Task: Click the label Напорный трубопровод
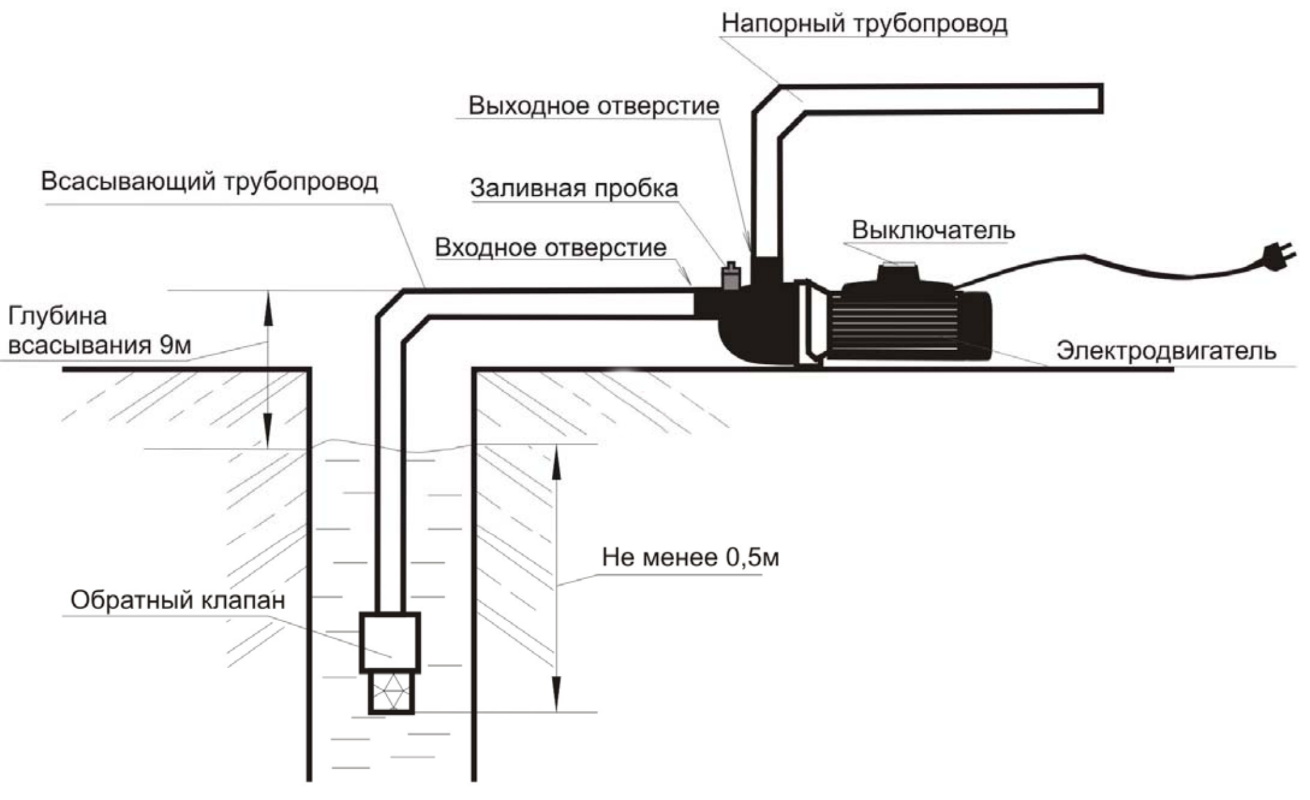coord(864,24)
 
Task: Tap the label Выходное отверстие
coord(593,105)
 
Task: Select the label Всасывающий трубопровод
coord(209,181)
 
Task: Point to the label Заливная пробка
coord(574,188)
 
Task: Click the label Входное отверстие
coord(550,247)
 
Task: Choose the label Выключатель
coord(932,230)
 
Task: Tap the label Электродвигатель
coord(1166,350)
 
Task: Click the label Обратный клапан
coord(177,600)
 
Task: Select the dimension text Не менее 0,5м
coord(690,557)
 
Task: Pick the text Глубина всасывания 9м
coord(99,331)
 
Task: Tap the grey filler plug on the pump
coord(731,276)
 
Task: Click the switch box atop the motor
coord(899,274)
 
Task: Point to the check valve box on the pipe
coord(389,643)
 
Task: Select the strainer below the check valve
coord(391,693)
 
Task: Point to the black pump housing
coord(756,326)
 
